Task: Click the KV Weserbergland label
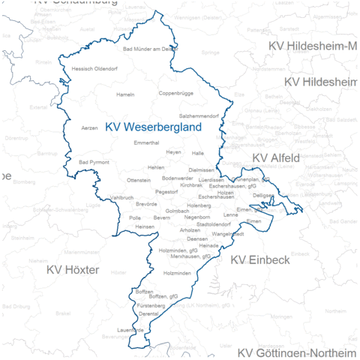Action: coord(154,127)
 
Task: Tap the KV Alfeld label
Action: coord(276,157)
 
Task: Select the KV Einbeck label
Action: coord(259,259)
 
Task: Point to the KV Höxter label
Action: coord(72,268)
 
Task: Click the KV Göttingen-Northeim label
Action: coord(297,353)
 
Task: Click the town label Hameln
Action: coord(125,95)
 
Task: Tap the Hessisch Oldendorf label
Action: coord(95,69)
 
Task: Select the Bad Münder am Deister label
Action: coord(150,49)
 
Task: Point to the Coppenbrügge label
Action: coord(176,94)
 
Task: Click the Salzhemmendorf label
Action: coord(199,115)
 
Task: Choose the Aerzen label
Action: coord(89,128)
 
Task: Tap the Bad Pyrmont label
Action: coord(94,162)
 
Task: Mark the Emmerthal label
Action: coord(146,142)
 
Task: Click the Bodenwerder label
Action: coord(178,178)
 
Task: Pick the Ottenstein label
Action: coord(139,180)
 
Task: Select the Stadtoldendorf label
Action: coord(212,224)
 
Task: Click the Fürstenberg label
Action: coord(151,306)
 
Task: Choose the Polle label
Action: coord(135,217)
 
